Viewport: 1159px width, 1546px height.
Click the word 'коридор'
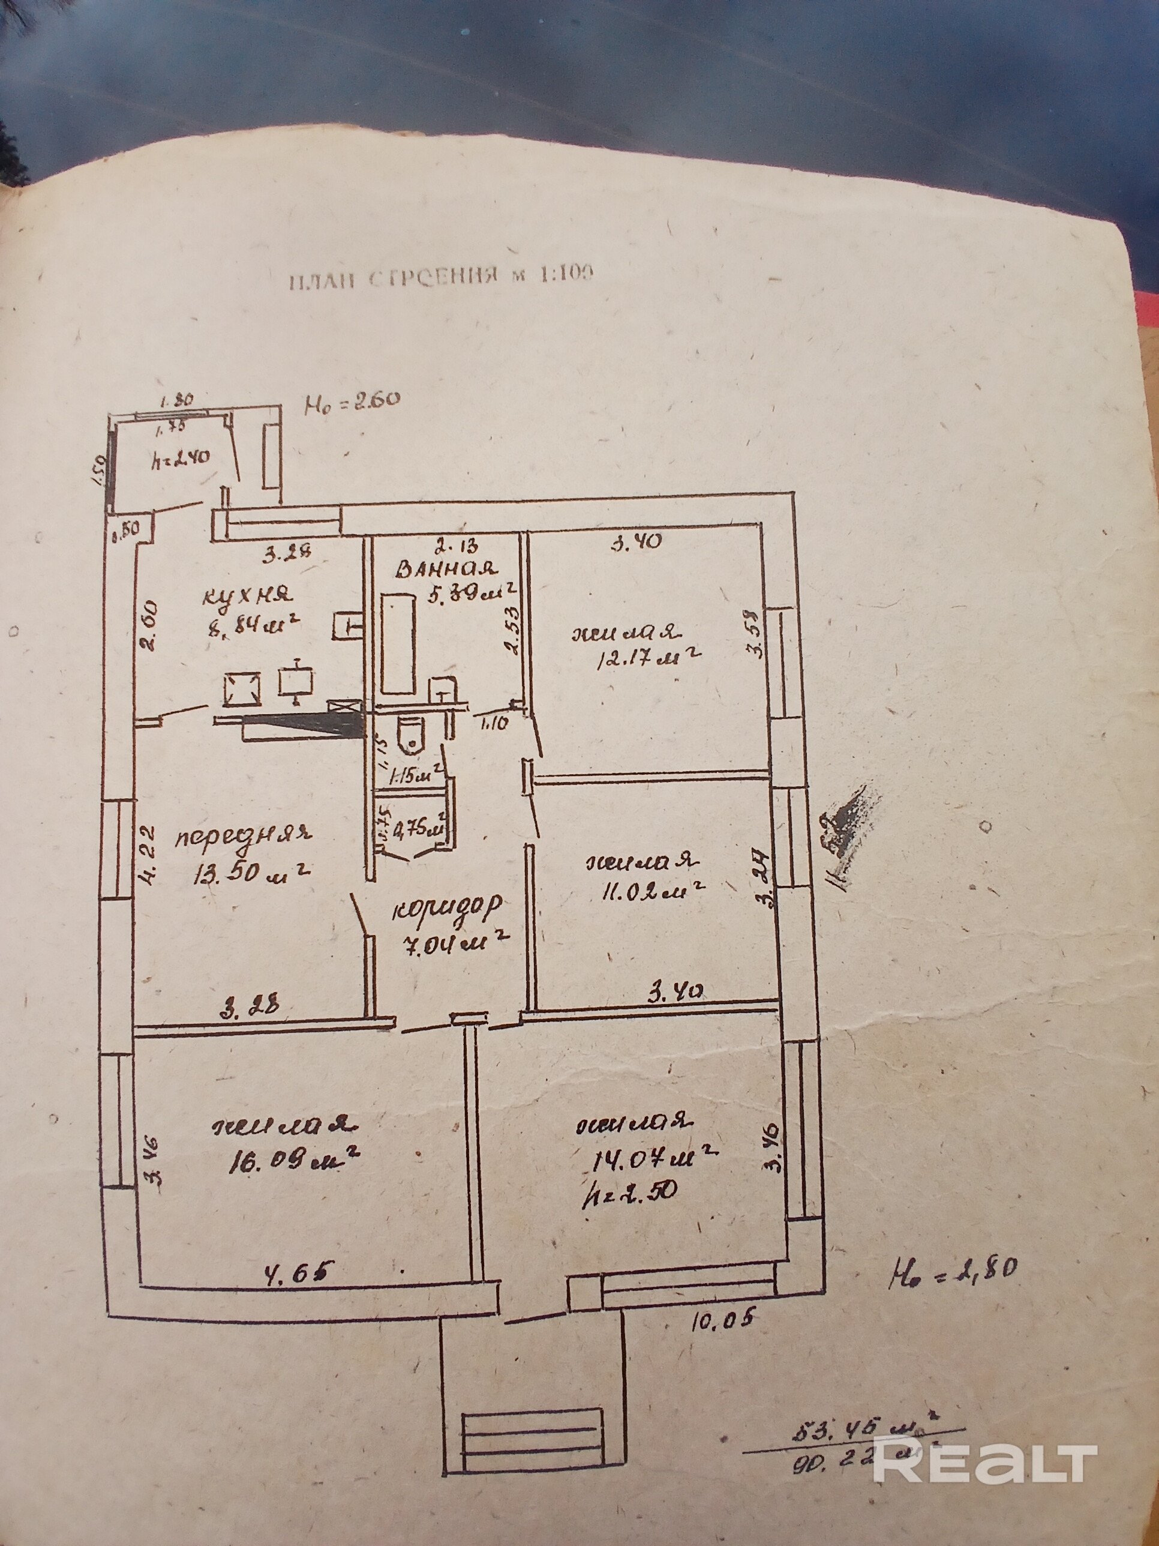(447, 909)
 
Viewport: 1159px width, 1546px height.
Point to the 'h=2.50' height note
(629, 1193)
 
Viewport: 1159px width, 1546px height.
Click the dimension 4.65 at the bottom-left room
(294, 1267)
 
